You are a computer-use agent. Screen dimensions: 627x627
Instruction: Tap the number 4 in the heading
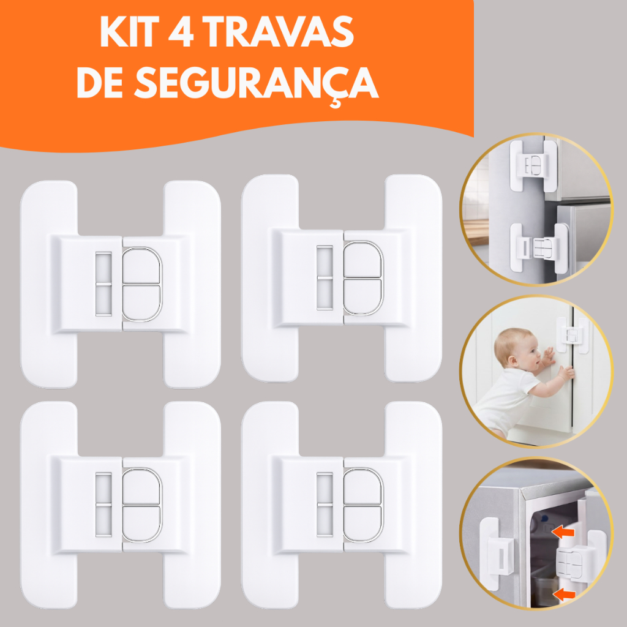click(182, 35)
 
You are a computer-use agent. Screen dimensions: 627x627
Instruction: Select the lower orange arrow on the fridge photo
click(564, 593)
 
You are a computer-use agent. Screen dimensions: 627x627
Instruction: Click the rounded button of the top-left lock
click(142, 284)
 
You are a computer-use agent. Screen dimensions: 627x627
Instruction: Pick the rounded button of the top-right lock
click(363, 278)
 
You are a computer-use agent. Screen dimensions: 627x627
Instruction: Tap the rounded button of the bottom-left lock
click(142, 505)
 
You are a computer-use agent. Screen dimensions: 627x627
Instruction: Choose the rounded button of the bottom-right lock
click(363, 505)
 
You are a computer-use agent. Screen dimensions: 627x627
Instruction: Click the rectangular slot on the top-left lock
click(103, 284)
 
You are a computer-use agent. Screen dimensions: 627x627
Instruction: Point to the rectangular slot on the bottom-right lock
click(325, 505)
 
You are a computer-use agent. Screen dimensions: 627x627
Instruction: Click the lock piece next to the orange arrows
click(573, 563)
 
